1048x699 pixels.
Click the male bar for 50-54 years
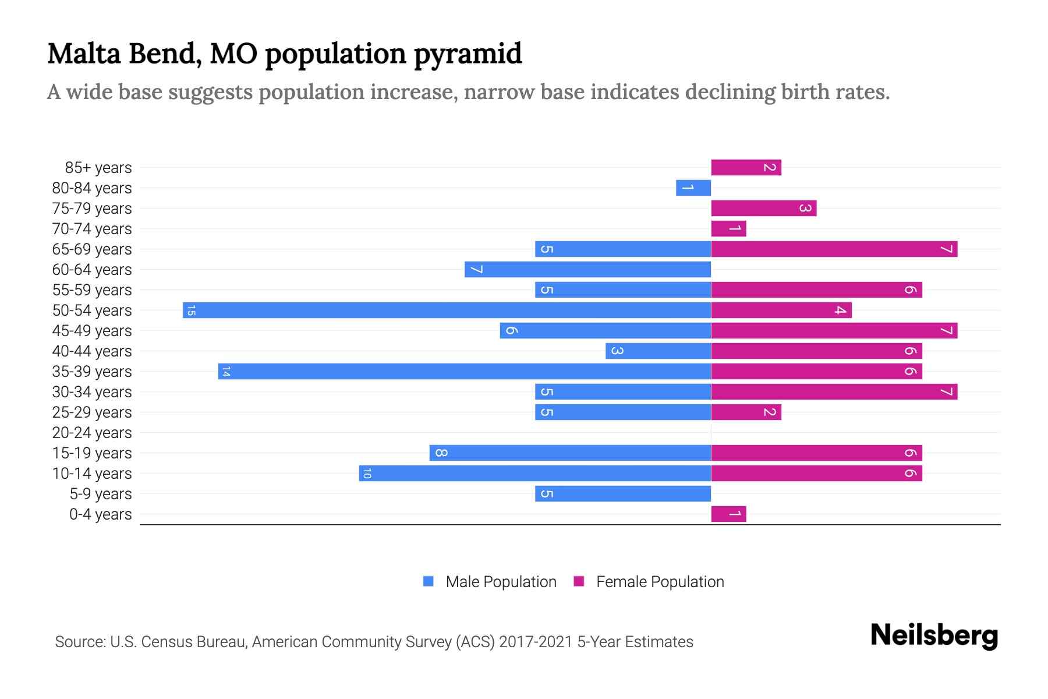(447, 310)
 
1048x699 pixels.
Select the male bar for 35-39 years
(464, 371)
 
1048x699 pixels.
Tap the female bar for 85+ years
(746, 167)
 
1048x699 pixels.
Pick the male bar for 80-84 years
(693, 188)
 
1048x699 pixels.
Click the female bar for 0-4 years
(728, 514)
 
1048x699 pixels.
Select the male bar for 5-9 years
(622, 493)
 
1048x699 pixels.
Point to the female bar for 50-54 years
(781, 310)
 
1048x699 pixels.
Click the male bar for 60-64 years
(587, 269)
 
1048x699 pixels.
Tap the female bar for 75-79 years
(763, 208)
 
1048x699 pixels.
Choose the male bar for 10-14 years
(534, 473)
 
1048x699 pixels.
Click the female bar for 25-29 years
(746, 412)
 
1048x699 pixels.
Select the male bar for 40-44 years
(658, 351)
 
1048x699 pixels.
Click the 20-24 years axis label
(92, 433)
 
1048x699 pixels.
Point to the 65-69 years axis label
(92, 249)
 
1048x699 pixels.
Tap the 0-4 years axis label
(100, 514)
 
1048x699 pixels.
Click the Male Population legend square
(429, 581)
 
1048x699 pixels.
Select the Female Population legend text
(660, 581)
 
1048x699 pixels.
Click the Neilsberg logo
(934, 636)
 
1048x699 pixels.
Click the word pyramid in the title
(468, 54)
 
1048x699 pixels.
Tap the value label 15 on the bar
(191, 310)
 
